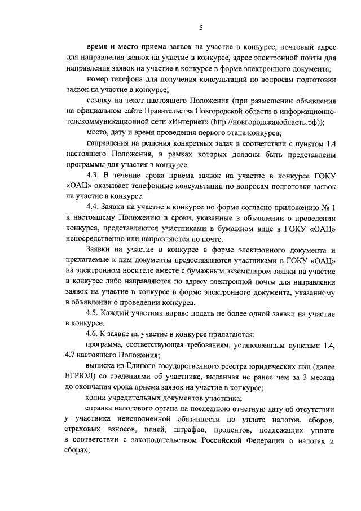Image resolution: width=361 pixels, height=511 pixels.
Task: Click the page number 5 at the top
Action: (x=201, y=28)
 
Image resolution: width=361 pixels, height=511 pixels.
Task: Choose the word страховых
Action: (x=85, y=429)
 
